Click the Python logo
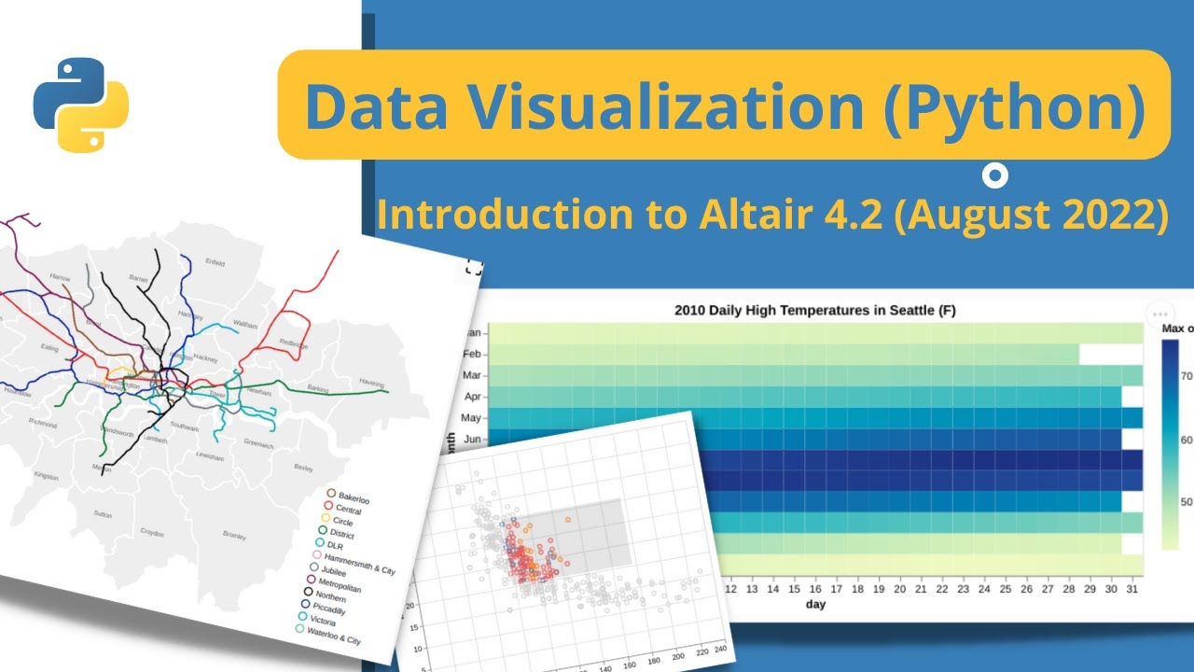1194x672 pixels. click(x=81, y=105)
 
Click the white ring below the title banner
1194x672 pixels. click(x=995, y=175)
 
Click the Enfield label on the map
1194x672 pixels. click(x=215, y=263)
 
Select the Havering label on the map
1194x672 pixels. click(x=373, y=382)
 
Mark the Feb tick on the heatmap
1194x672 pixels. click(x=471, y=354)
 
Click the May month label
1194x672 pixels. click(x=470, y=418)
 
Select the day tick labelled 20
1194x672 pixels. click(x=899, y=589)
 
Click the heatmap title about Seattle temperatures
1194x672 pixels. click(x=814, y=310)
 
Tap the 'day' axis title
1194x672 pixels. click(x=814, y=605)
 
